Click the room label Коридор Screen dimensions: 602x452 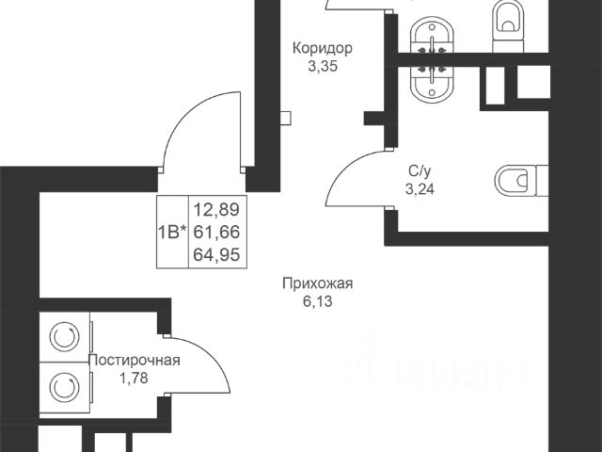tap(322, 49)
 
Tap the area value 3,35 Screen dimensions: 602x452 tap(323, 67)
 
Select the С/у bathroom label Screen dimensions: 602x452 tap(420, 171)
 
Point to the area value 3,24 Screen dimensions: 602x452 tap(420, 189)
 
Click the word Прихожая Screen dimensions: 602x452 tap(318, 284)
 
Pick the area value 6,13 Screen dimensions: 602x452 tap(318, 301)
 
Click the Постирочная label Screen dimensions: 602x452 tap(135, 361)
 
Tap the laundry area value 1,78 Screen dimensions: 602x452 tap(134, 379)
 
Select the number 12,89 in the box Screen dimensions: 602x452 tap(216, 210)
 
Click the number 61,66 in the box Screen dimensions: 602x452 tap(216, 233)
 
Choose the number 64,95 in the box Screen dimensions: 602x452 tap(216, 254)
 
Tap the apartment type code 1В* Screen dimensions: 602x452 tap(172, 233)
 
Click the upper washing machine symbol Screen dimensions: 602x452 tap(65, 337)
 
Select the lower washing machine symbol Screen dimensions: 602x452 tap(65, 387)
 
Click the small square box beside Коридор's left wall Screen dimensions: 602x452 tap(285, 118)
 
